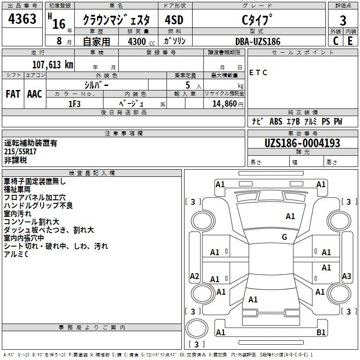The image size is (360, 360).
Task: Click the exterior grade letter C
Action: pyautogui.click(x=335, y=41)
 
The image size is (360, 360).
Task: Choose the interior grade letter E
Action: pyautogui.click(x=350, y=41)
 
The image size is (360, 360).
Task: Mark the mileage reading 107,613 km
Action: pyautogui.click(x=52, y=64)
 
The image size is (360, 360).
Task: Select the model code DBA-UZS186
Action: pyautogui.click(x=258, y=41)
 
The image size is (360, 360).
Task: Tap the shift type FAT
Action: pyautogui.click(x=13, y=94)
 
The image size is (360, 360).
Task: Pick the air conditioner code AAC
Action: pyautogui.click(x=34, y=94)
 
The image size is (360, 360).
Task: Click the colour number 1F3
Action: pyautogui.click(x=74, y=103)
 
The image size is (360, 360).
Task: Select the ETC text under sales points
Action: pyautogui.click(x=258, y=72)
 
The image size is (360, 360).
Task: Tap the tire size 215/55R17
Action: pyautogui.click(x=20, y=152)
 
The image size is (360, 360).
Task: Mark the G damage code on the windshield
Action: pyautogui.click(x=284, y=237)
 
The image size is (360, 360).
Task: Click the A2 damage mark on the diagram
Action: pyautogui.click(x=194, y=276)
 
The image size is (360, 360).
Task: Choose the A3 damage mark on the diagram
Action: pyautogui.click(x=346, y=276)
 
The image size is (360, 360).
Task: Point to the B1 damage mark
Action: pyautogui.click(x=321, y=333)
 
